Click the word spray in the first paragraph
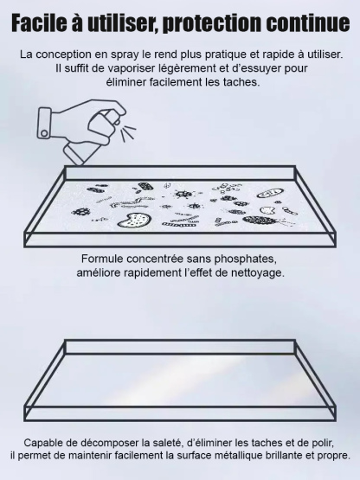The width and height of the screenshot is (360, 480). point(125,54)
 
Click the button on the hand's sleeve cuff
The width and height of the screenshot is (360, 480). point(44,133)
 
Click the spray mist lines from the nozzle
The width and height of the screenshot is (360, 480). point(128,133)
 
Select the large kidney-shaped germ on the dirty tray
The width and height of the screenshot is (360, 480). point(134,220)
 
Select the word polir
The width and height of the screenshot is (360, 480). point(324,443)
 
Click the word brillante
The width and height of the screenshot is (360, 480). point(282,456)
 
